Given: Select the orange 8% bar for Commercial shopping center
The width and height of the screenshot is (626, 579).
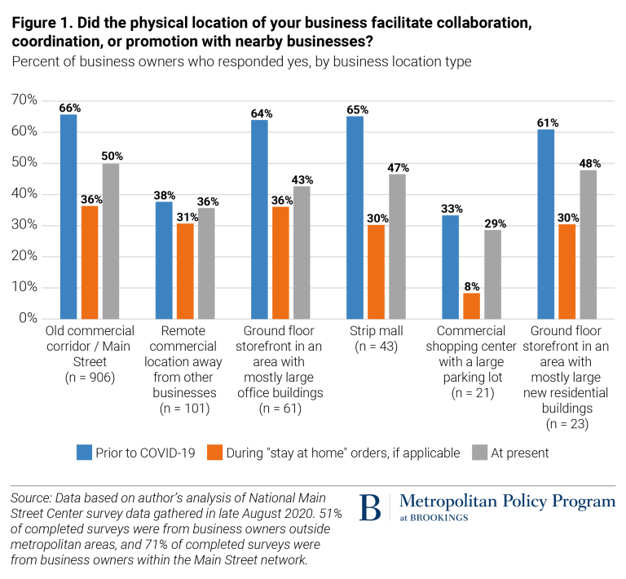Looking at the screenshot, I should click(x=472, y=306).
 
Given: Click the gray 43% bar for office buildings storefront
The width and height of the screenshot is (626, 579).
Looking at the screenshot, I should click(x=302, y=252).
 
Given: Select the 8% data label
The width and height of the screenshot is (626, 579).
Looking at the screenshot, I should click(x=472, y=286).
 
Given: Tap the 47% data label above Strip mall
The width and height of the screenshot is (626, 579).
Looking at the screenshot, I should click(x=398, y=168).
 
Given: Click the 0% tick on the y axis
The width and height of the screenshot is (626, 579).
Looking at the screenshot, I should click(x=29, y=318).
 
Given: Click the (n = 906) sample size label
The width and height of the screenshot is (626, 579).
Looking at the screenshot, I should click(x=90, y=378).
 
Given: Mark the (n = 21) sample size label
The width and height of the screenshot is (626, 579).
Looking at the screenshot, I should click(x=470, y=393).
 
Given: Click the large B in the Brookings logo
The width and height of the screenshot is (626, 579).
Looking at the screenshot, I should click(x=370, y=507).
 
